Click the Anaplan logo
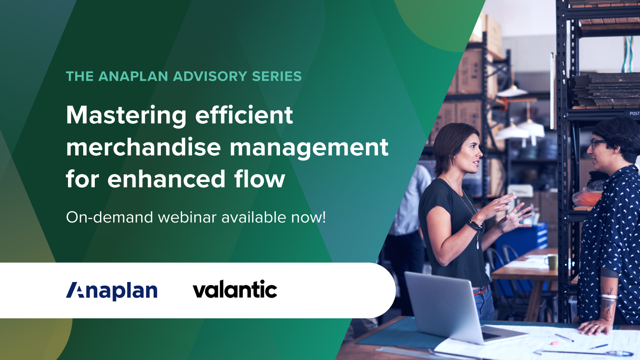[112, 291]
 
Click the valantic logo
[235, 290]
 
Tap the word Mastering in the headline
[126, 116]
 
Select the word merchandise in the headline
[143, 147]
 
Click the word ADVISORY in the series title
[210, 76]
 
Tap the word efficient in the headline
[244, 115]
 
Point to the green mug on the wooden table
[553, 262]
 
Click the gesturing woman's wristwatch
[475, 225]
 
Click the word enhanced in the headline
[166, 179]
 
